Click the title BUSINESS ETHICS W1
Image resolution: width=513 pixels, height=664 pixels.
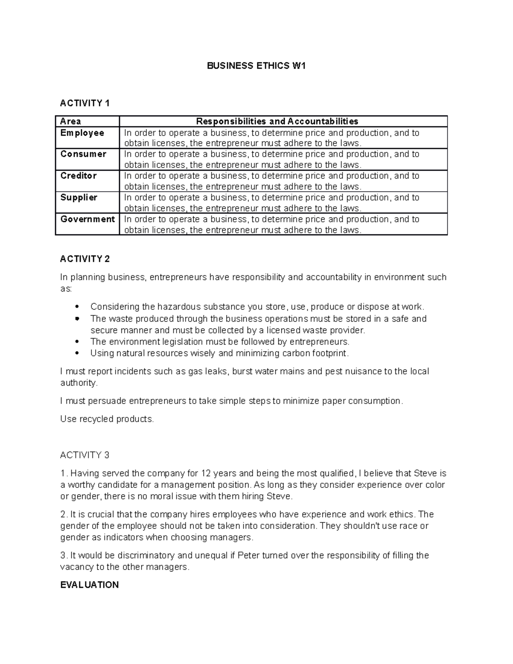tap(256, 66)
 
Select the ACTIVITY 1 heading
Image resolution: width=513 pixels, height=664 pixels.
tap(85, 103)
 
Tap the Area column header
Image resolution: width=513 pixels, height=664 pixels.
tap(71, 121)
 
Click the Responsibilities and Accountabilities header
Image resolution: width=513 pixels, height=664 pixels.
tap(277, 121)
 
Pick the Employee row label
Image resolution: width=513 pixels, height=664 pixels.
tap(82, 133)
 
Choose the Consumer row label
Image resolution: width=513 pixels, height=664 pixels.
tap(83, 154)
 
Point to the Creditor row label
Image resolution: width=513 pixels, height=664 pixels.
tap(79, 176)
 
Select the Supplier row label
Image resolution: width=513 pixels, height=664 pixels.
tap(79, 198)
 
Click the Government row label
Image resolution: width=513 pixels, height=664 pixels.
tap(88, 219)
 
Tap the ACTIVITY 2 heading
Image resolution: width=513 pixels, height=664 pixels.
tap(85, 259)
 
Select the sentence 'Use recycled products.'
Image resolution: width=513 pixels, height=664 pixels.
tap(107, 419)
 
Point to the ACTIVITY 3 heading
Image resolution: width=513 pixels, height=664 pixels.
tap(85, 455)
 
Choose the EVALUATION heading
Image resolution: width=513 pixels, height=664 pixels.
tap(89, 585)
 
